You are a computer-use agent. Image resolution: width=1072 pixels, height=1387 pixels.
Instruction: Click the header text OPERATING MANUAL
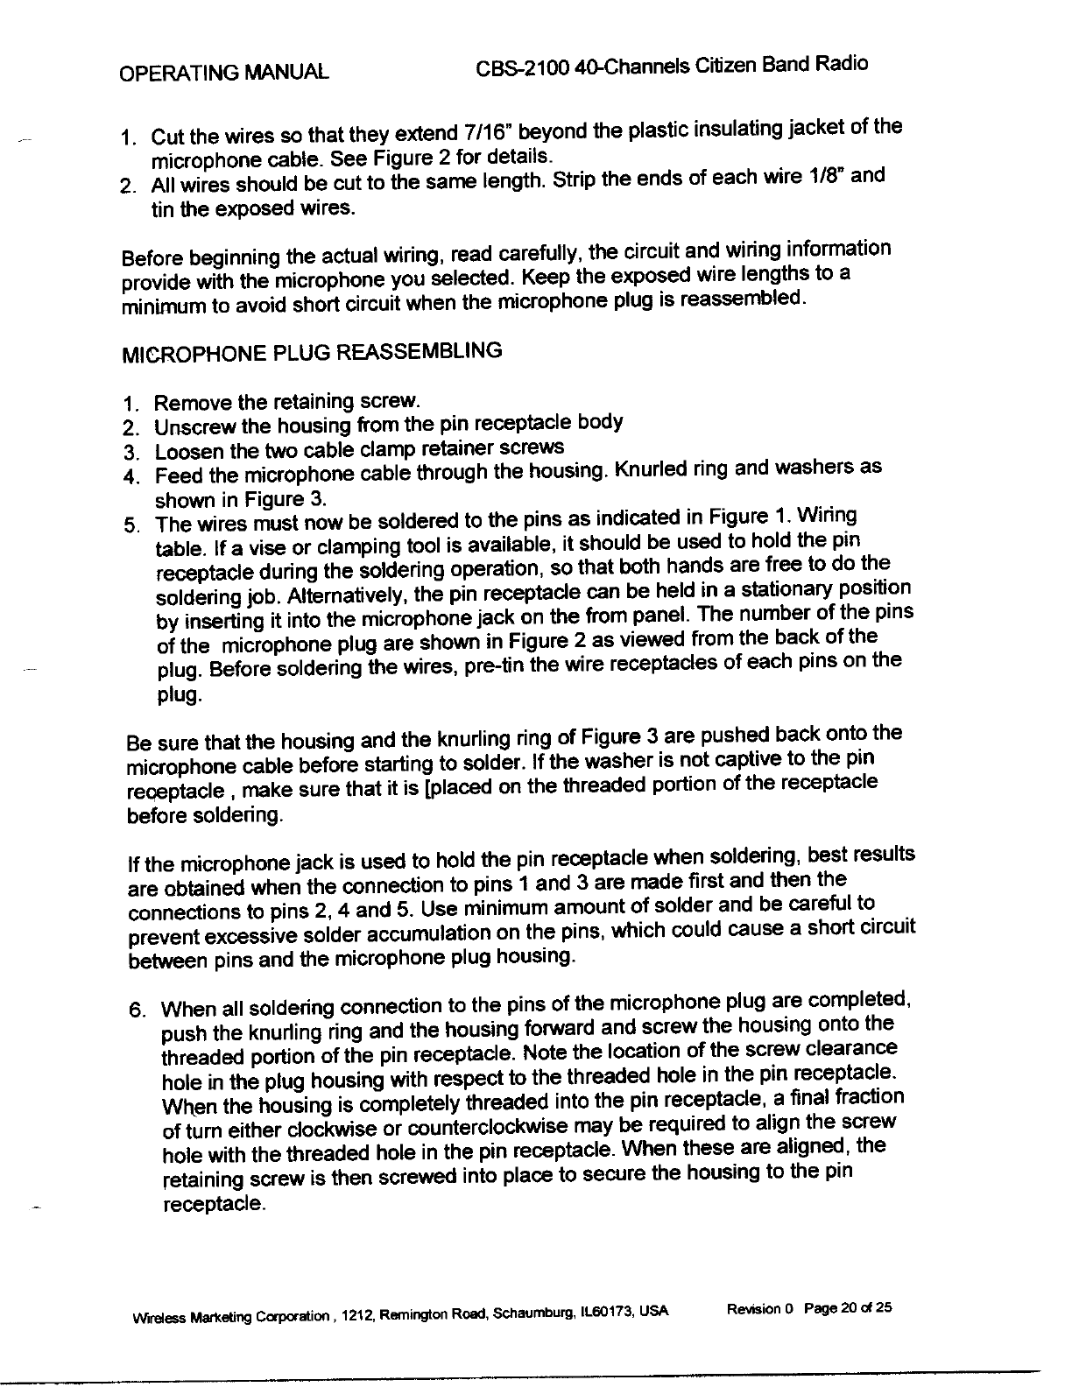pos(224,71)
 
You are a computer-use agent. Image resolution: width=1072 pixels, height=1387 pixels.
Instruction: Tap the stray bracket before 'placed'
pos(426,792)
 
